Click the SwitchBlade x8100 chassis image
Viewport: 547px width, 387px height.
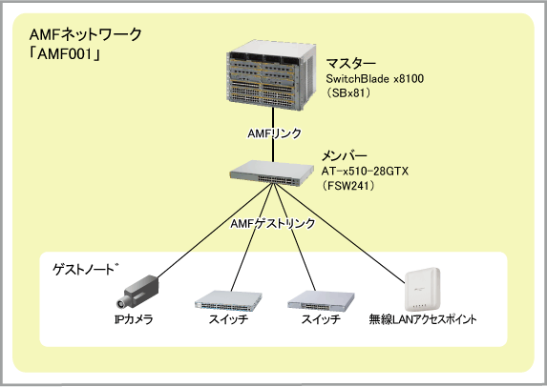pyautogui.click(x=271, y=75)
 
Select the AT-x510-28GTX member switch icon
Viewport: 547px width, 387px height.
pyautogui.click(x=271, y=173)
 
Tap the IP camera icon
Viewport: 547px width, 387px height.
pyautogui.click(x=137, y=292)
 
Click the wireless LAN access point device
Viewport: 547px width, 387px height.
pyautogui.click(x=422, y=289)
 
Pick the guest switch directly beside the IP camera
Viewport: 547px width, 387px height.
pyautogui.click(x=228, y=300)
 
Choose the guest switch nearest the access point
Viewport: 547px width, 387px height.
pyautogui.click(x=321, y=300)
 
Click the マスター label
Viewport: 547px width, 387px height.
pyautogui.click(x=351, y=64)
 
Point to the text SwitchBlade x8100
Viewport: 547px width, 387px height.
pyautogui.click(x=375, y=79)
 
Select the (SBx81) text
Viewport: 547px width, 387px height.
pyautogui.click(x=348, y=93)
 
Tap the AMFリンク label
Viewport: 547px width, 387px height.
pyautogui.click(x=274, y=133)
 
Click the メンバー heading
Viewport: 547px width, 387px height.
pyautogui.click(x=344, y=156)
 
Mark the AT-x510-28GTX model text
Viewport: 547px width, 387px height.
pyautogui.click(x=365, y=172)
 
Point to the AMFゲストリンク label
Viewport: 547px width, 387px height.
pyautogui.click(x=272, y=223)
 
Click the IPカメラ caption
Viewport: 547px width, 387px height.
pyautogui.click(x=134, y=318)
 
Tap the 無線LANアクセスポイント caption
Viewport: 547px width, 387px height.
pyautogui.click(x=423, y=318)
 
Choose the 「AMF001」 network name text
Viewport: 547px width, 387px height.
pyautogui.click(x=65, y=54)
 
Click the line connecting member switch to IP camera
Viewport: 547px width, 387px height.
pyautogui.click(x=215, y=231)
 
